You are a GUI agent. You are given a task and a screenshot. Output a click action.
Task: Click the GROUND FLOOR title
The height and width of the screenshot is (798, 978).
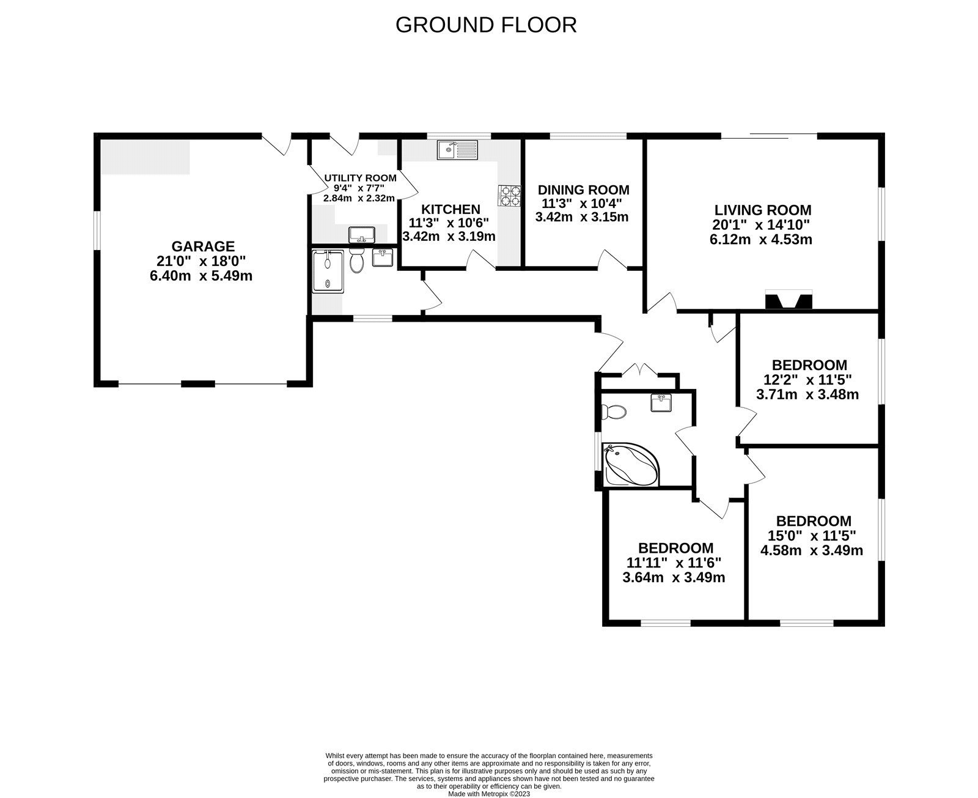pos(486,25)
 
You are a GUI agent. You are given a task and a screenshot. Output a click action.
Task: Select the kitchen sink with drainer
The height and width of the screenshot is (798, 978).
pos(458,149)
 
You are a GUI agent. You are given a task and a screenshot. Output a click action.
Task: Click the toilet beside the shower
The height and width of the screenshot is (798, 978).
pos(358,261)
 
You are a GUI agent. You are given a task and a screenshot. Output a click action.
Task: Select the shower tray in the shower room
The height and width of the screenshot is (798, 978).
pos(329,270)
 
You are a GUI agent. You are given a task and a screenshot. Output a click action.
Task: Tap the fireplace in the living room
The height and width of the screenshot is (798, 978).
pos(789,301)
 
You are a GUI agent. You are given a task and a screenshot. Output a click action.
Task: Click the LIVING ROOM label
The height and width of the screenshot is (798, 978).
pos(762,210)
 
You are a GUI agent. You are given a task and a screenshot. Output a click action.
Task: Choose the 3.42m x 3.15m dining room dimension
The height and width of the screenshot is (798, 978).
pos(582,217)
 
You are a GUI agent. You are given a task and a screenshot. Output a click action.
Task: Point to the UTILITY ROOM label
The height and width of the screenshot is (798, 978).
pos(360,178)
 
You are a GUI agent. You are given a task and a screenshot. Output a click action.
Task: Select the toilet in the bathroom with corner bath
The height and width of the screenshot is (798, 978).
pos(614,412)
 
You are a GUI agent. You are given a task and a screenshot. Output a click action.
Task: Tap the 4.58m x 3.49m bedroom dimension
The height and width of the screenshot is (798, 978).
pos(812,550)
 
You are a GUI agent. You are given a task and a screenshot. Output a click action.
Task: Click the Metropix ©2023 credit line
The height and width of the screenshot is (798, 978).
pos(489,794)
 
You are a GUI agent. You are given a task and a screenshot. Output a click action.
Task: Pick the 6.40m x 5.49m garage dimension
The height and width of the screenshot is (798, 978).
pos(201,276)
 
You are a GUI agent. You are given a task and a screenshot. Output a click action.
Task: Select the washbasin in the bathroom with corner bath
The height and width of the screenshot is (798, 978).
pos(661,403)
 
